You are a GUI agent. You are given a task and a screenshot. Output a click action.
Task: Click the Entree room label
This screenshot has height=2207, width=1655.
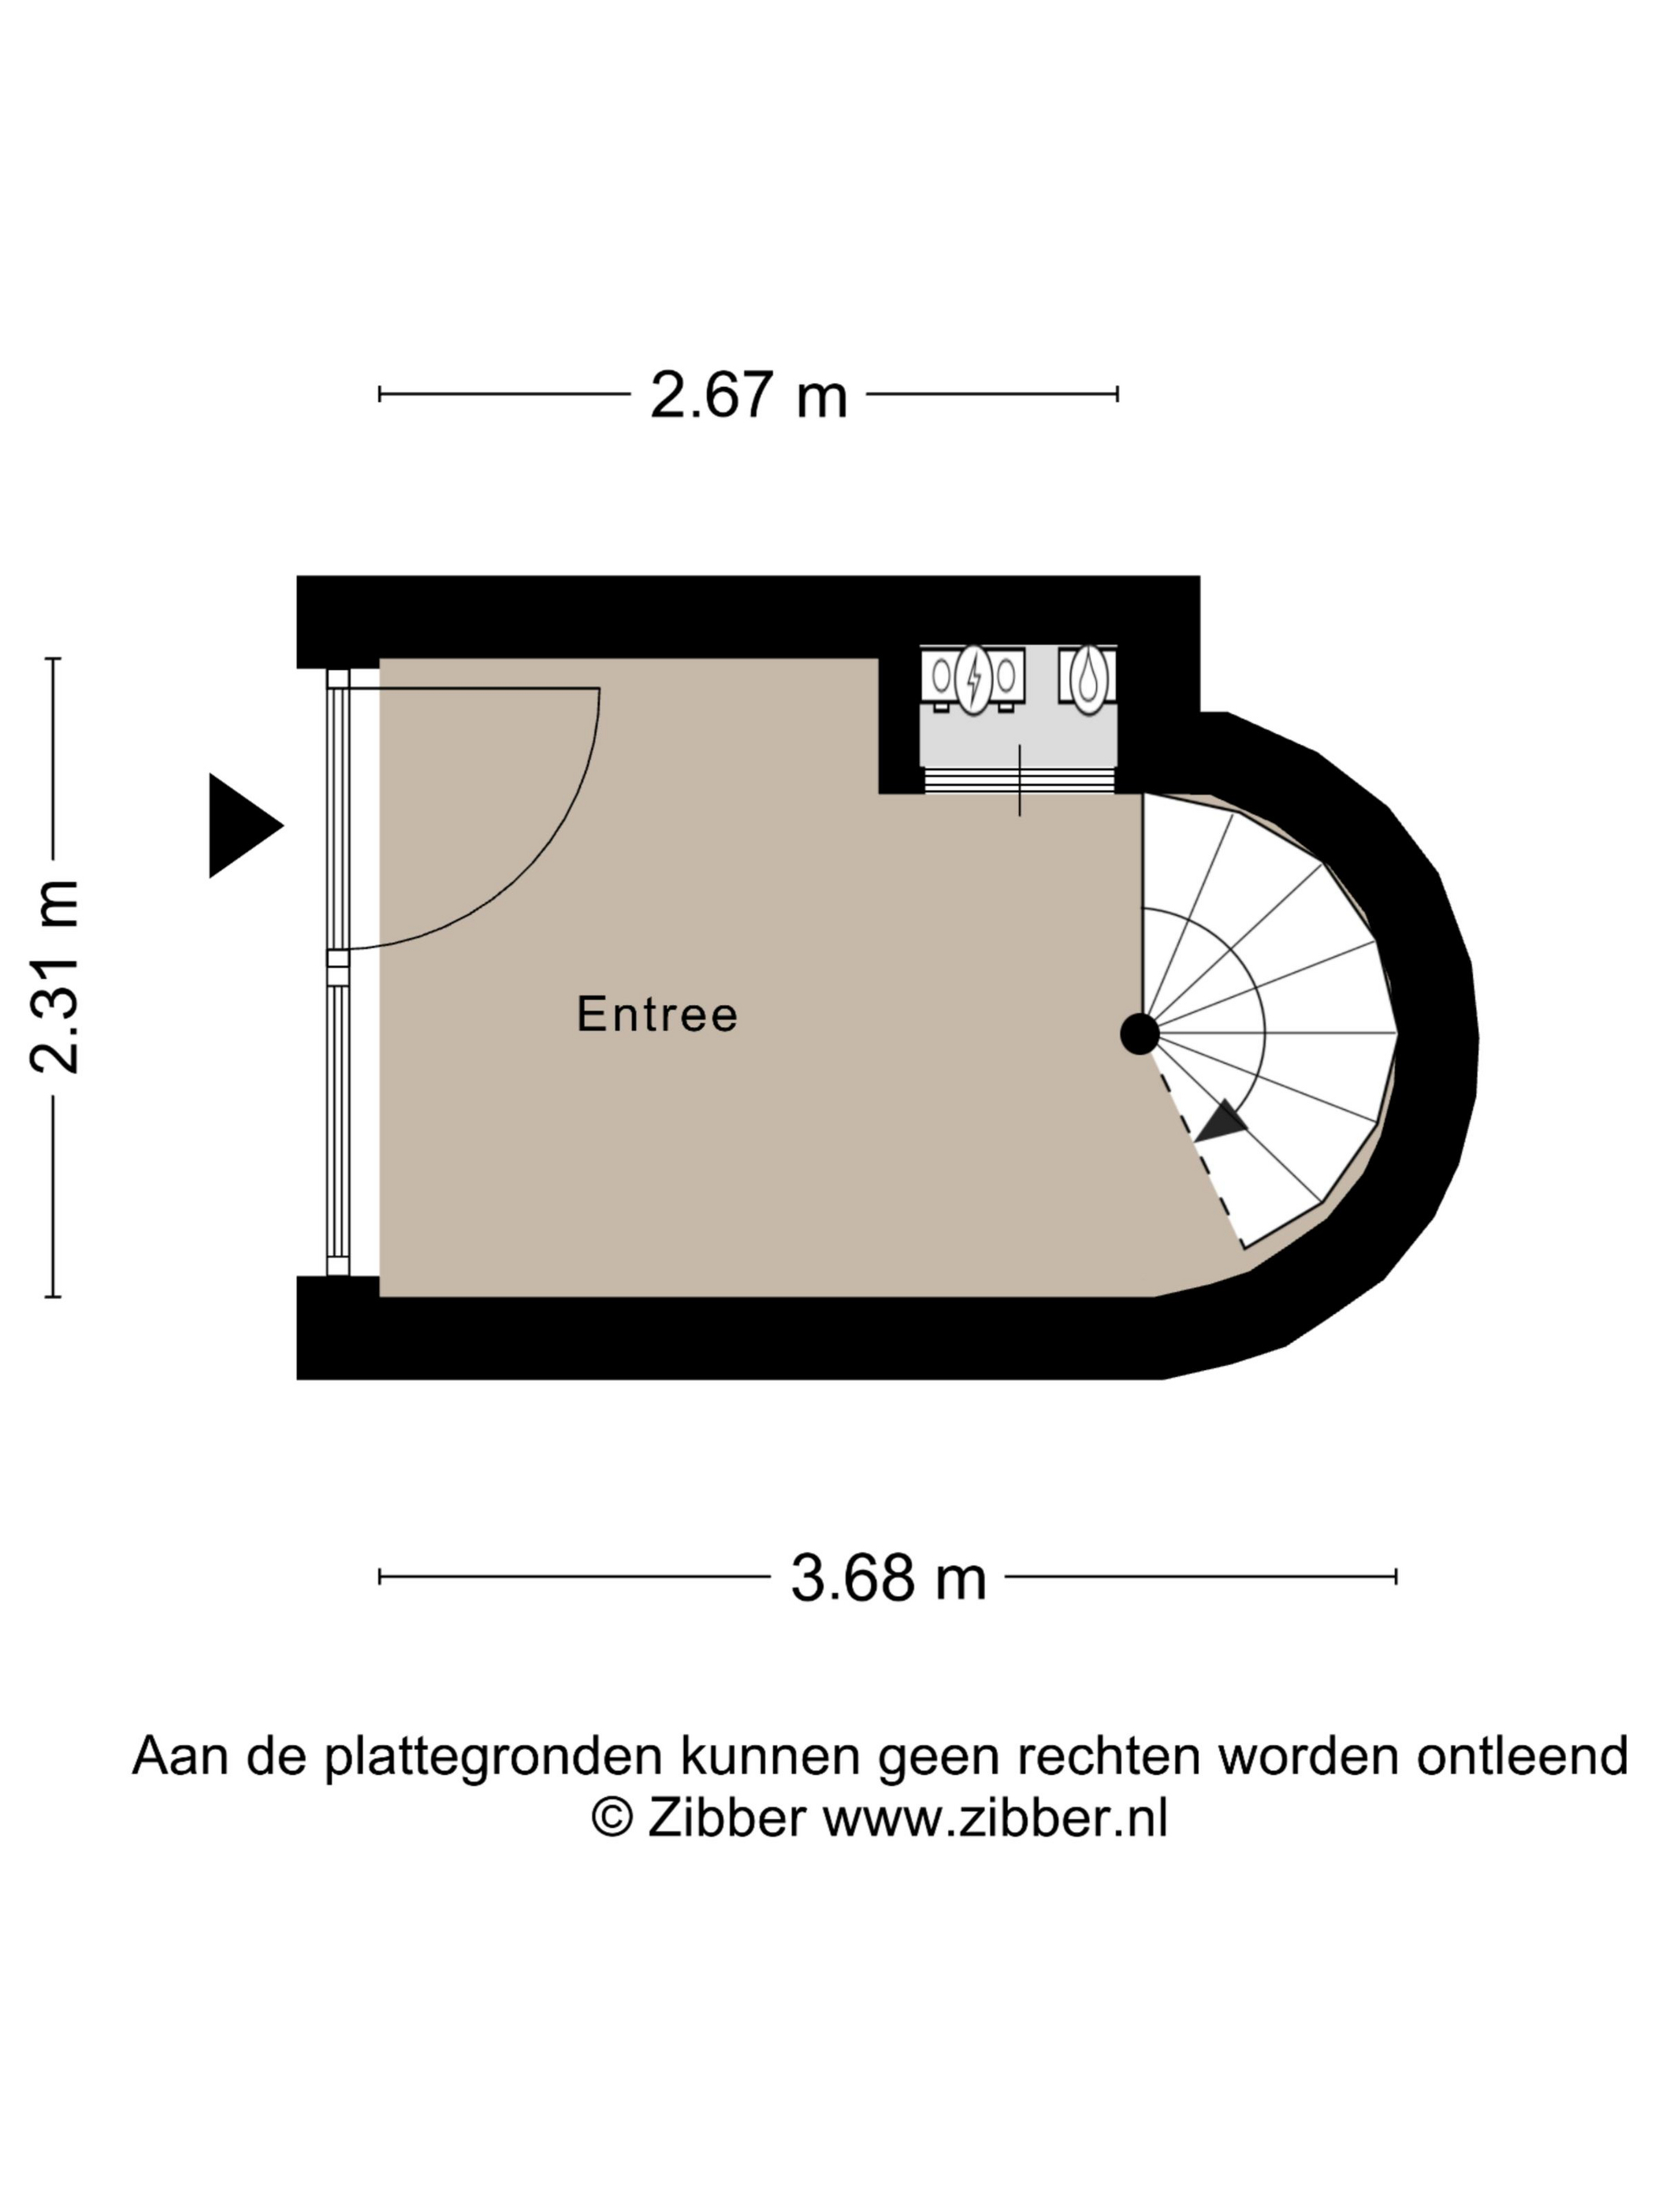click(x=657, y=1014)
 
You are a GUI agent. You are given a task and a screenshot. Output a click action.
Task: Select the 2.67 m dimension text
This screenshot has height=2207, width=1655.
click(x=748, y=395)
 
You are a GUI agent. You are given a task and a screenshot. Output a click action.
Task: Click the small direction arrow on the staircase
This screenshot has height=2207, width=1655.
click(x=1223, y=1122)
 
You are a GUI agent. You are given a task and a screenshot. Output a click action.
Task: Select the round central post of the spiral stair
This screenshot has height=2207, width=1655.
click(x=1140, y=1033)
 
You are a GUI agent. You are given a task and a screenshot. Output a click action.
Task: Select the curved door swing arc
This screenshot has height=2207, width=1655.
click(x=519, y=858)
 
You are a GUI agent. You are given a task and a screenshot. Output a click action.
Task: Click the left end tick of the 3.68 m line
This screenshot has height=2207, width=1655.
click(x=380, y=1576)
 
